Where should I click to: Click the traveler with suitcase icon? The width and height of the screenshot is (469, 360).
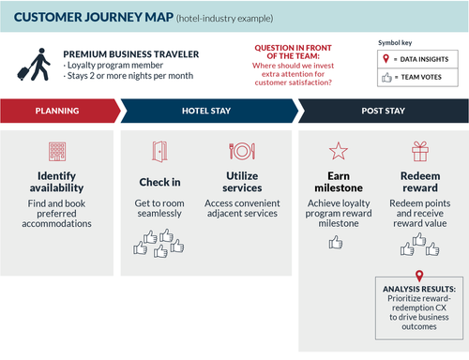[x=30, y=63]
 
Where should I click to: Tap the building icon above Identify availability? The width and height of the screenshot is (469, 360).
[x=57, y=152]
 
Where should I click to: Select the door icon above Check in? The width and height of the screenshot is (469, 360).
[x=159, y=152]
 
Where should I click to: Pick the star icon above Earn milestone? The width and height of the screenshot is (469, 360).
[x=337, y=152]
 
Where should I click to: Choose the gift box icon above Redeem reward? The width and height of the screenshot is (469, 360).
[x=418, y=152]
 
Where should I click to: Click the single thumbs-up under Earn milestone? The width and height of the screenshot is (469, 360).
[x=336, y=242]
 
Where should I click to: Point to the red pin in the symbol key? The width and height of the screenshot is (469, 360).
[x=386, y=58]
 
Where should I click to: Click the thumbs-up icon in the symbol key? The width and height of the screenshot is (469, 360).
[x=386, y=77]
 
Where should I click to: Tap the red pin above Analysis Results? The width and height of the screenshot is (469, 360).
[x=417, y=274]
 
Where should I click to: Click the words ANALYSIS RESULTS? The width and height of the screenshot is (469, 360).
[x=417, y=290]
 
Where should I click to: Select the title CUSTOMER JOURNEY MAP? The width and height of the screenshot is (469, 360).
[x=90, y=17]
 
